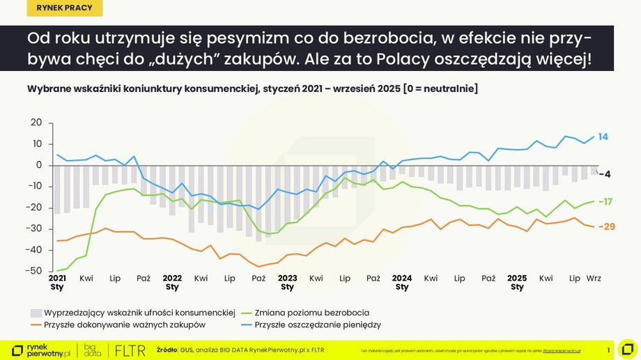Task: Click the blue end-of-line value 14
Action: (603, 137)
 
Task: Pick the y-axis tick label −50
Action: (35, 271)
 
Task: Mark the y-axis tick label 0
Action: (40, 165)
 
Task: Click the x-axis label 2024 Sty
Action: (402, 282)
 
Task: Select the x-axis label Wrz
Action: (594, 278)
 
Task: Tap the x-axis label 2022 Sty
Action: (172, 282)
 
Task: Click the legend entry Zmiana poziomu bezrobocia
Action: (311, 313)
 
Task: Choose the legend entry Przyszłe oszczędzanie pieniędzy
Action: (318, 324)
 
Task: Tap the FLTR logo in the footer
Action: (130, 350)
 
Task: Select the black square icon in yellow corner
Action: (626, 349)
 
